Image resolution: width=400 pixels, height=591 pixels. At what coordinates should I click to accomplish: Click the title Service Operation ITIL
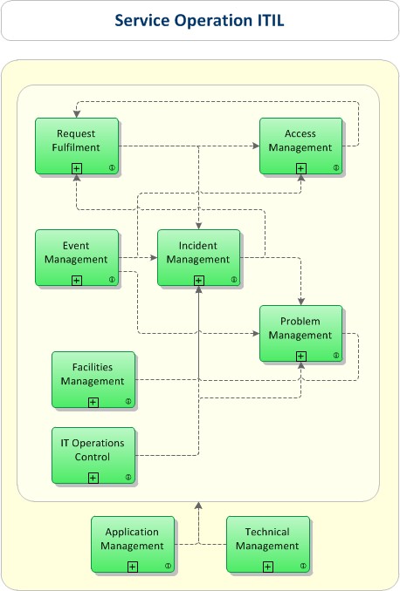(200, 20)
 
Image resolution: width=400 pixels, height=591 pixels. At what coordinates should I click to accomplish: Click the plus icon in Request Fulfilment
(77, 167)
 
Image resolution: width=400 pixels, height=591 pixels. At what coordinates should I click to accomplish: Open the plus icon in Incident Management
(199, 280)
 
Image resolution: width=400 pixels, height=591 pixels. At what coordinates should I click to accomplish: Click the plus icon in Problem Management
(301, 356)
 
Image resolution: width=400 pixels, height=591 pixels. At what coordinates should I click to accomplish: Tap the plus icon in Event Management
(77, 280)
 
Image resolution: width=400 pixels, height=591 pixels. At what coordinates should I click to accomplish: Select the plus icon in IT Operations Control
(93, 478)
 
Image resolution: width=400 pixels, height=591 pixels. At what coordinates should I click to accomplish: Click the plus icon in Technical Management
(268, 567)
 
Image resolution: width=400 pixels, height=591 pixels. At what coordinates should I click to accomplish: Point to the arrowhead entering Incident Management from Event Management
(153, 258)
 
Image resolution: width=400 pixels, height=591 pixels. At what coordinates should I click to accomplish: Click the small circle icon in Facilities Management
(128, 402)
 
